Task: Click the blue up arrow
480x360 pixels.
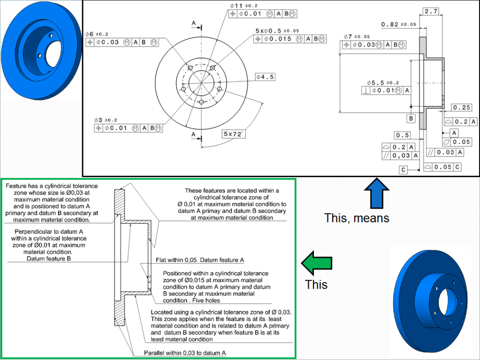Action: (x=377, y=194)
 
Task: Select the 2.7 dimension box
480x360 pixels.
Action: (x=431, y=11)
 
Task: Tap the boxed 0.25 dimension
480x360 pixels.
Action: (x=462, y=108)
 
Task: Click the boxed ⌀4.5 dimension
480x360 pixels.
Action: (x=265, y=76)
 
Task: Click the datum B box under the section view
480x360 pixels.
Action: (x=411, y=119)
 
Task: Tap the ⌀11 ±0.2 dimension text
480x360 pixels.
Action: (x=244, y=5)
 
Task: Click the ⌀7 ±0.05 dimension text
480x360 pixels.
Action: (x=356, y=36)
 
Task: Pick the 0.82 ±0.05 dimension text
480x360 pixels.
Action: (x=398, y=24)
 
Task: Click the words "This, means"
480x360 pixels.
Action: (x=356, y=218)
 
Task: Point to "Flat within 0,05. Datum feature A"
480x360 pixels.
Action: (x=201, y=260)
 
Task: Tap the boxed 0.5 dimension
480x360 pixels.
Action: (x=402, y=135)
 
